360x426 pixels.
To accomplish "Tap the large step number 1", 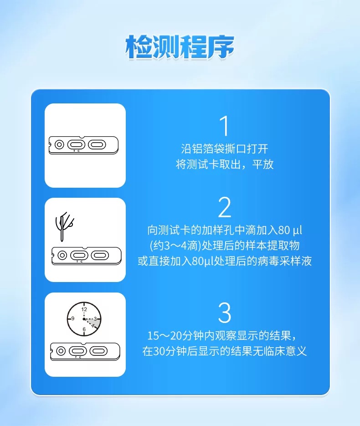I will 224,126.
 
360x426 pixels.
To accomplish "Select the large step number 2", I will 225,207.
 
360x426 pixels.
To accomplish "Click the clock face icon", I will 84,318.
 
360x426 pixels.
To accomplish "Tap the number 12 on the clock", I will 84,309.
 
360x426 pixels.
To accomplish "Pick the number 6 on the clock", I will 84,329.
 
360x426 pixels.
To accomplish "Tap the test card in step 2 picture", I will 87,255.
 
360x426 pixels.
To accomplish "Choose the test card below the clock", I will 86,351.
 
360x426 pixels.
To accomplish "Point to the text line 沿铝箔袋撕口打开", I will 225,149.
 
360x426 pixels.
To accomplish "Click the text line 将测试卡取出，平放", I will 225,164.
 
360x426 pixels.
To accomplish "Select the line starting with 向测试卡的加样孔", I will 225,229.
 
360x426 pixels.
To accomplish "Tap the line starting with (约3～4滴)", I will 225,245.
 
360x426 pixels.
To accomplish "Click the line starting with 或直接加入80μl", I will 225,262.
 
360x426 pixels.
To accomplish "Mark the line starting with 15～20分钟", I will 225,336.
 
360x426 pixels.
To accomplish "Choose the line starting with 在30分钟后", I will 225,352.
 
